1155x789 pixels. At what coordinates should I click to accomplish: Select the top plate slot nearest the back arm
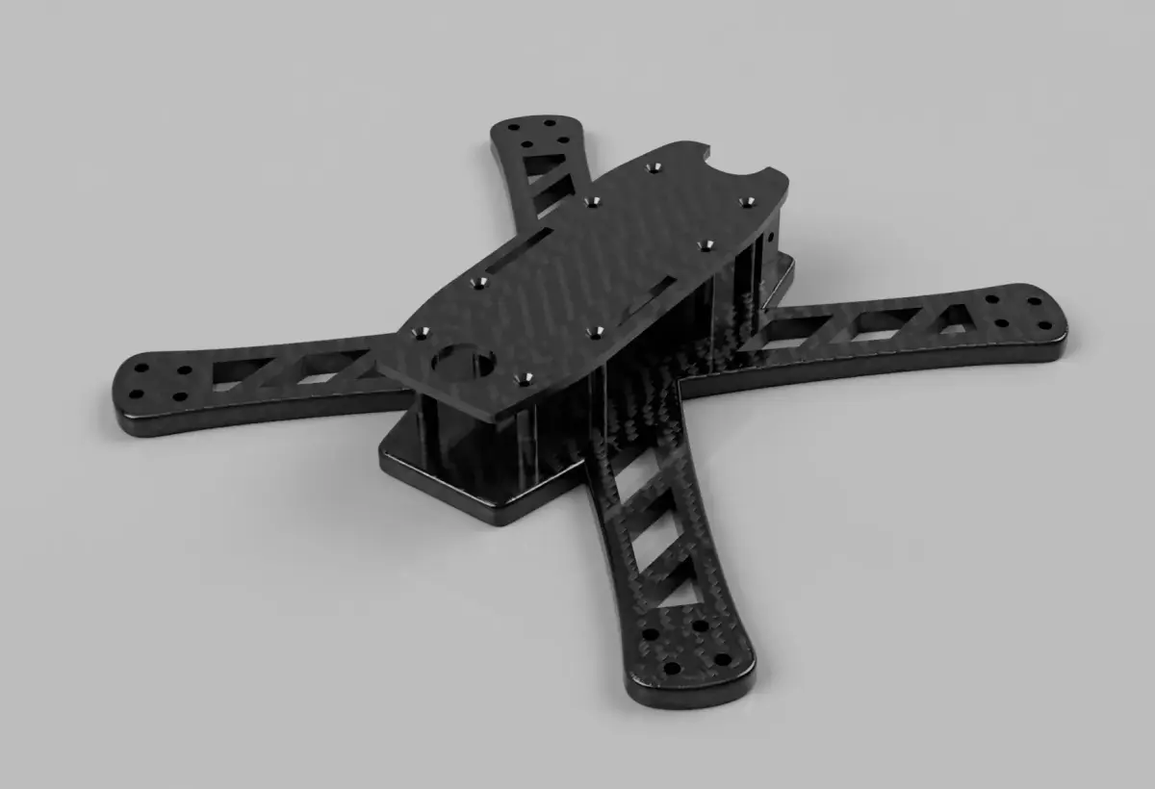coord(520,250)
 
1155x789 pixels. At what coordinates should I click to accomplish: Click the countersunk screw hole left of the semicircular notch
coord(655,168)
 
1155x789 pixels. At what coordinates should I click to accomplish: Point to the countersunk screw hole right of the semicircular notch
coord(746,201)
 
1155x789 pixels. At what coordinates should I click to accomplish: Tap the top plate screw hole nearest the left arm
coord(421,333)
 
